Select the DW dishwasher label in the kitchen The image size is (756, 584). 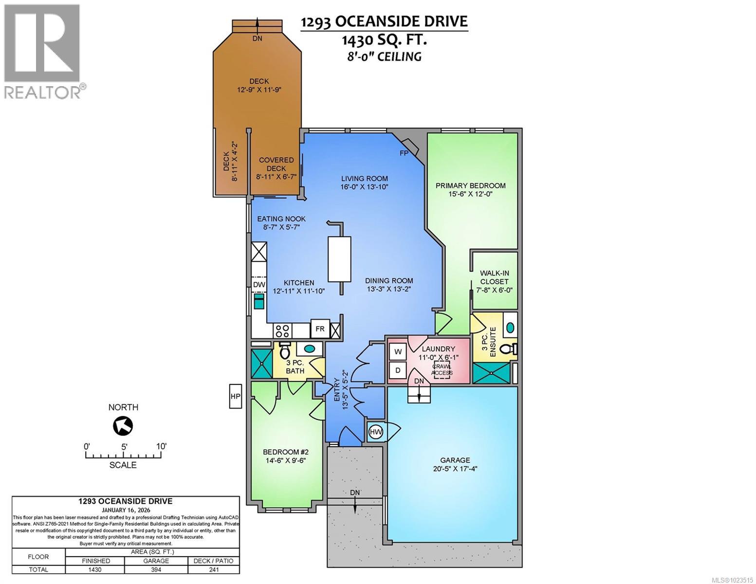(258, 285)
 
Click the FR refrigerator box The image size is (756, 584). (320, 329)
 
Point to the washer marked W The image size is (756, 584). (398, 351)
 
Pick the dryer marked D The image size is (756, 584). (398, 370)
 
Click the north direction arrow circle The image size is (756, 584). (123, 426)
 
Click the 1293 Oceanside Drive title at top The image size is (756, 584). (384, 22)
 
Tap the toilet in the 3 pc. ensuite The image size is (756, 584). (510, 349)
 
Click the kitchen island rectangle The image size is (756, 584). (339, 259)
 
